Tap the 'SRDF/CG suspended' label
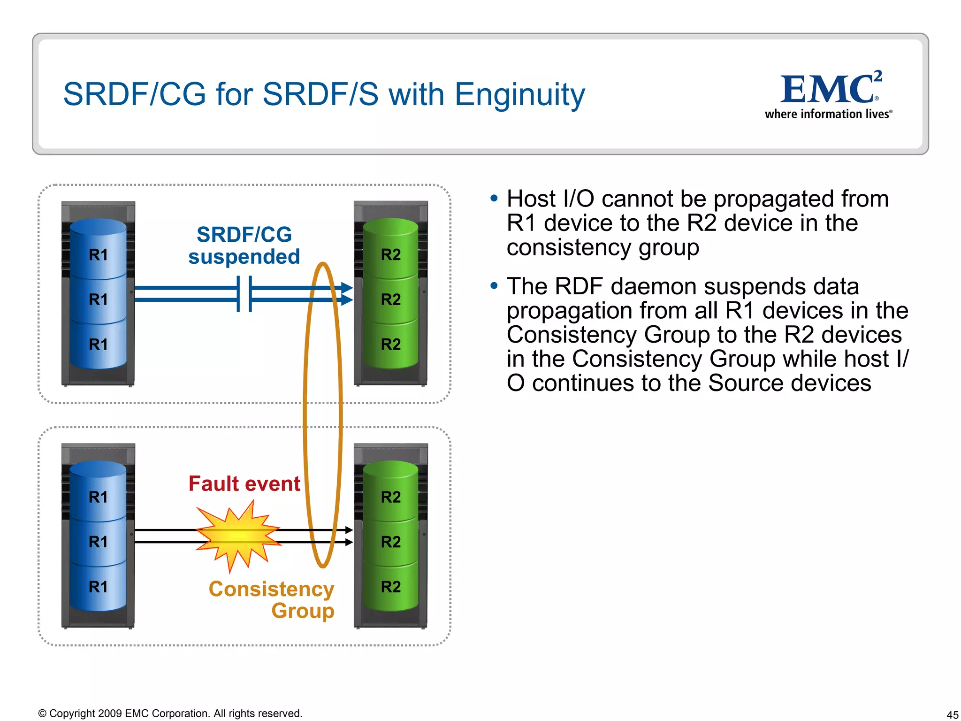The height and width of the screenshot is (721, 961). (x=244, y=245)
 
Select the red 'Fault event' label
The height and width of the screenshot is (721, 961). (x=244, y=483)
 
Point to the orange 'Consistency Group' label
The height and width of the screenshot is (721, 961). (x=272, y=599)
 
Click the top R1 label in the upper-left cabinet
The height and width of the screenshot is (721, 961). (x=98, y=255)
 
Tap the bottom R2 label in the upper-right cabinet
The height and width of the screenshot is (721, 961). (x=390, y=344)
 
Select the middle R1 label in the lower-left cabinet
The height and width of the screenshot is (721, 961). (x=98, y=542)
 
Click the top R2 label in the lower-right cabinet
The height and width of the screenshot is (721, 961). (x=390, y=497)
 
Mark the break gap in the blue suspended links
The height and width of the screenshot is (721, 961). (x=244, y=294)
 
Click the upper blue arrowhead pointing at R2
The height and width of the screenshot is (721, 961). (x=347, y=288)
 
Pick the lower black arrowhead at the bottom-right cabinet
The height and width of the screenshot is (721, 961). (x=349, y=542)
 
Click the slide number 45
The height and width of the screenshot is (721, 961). (x=952, y=714)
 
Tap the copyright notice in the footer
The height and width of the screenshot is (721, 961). (x=170, y=713)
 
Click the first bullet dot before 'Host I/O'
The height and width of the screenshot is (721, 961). (x=493, y=199)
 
